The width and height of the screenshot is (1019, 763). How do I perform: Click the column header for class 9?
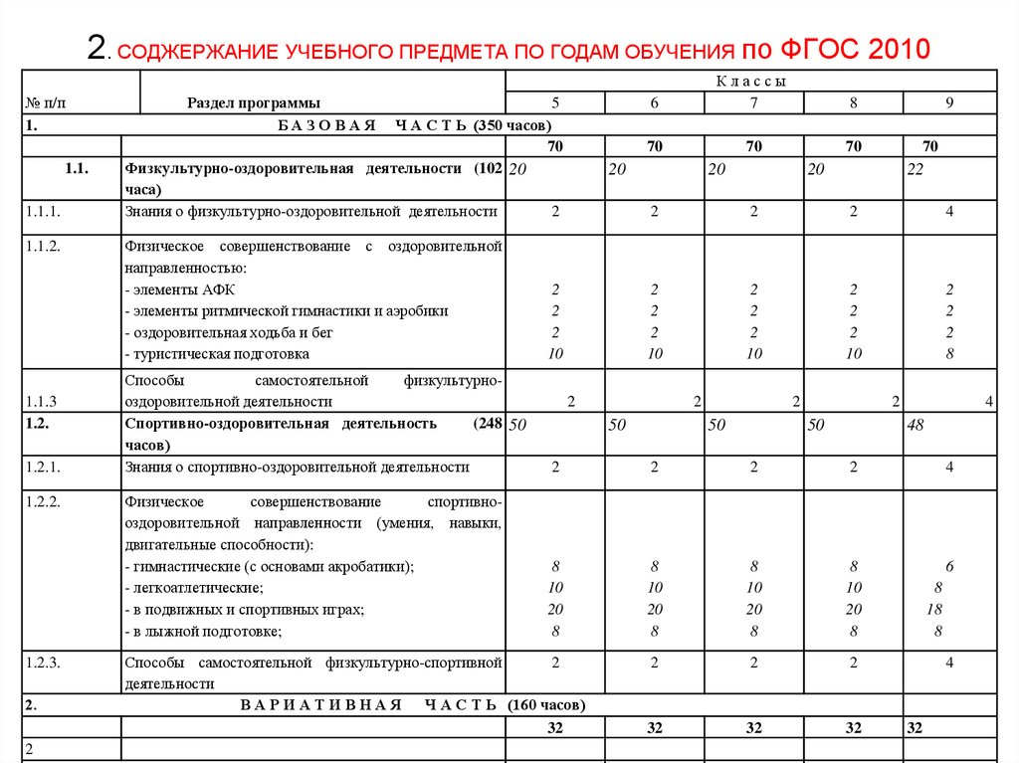tap(950, 103)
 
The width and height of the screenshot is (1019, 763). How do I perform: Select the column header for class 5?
tap(555, 103)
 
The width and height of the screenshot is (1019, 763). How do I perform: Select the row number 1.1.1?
tap(44, 211)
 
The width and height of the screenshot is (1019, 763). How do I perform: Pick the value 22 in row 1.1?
tap(916, 170)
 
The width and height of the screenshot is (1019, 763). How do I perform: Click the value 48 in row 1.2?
tap(916, 425)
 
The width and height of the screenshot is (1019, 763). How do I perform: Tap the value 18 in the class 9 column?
tap(933, 609)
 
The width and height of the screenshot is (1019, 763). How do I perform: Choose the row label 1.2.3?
tap(44, 662)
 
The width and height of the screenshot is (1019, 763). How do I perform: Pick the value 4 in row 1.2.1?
tap(950, 467)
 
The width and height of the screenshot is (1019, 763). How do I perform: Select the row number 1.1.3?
tap(41, 402)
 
